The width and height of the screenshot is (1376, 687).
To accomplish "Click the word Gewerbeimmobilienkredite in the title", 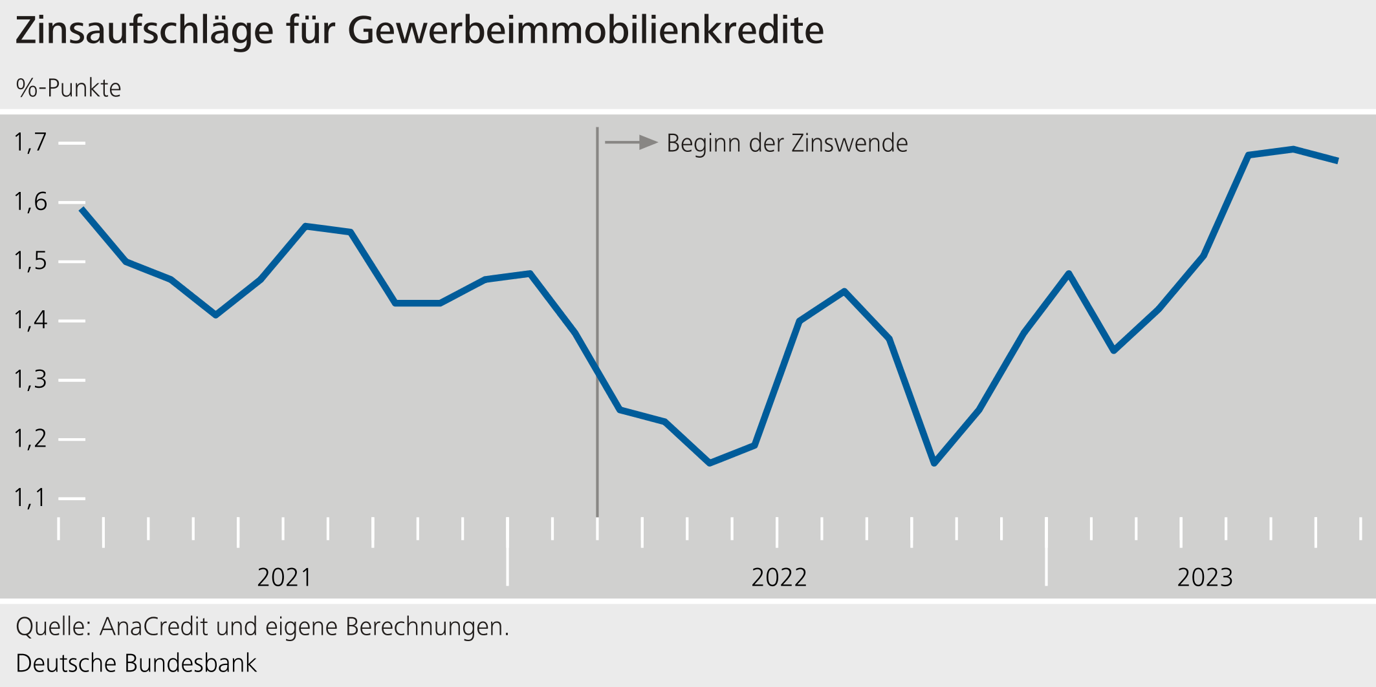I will pyautogui.click(x=585, y=31).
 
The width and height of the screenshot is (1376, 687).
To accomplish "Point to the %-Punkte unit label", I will pyautogui.click(x=69, y=89).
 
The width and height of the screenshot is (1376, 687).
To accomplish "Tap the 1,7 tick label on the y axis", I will pyautogui.click(x=30, y=142).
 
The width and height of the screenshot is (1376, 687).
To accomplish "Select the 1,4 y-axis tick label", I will pyautogui.click(x=30, y=320).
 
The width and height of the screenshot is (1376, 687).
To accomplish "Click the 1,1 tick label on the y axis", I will pyautogui.click(x=30, y=498).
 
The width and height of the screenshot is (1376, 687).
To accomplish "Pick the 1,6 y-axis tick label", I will pyautogui.click(x=30, y=202).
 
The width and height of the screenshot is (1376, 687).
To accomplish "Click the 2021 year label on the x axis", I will pyautogui.click(x=284, y=577).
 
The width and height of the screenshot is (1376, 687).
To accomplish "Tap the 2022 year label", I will pyautogui.click(x=779, y=577).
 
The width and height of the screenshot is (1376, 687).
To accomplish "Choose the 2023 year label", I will pyautogui.click(x=1205, y=577).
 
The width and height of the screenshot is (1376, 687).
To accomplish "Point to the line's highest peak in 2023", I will pyautogui.click(x=1293, y=149).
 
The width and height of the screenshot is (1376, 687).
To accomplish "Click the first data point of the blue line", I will pyautogui.click(x=82, y=209).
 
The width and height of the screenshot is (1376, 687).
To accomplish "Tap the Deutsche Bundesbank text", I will pyautogui.click(x=136, y=663).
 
